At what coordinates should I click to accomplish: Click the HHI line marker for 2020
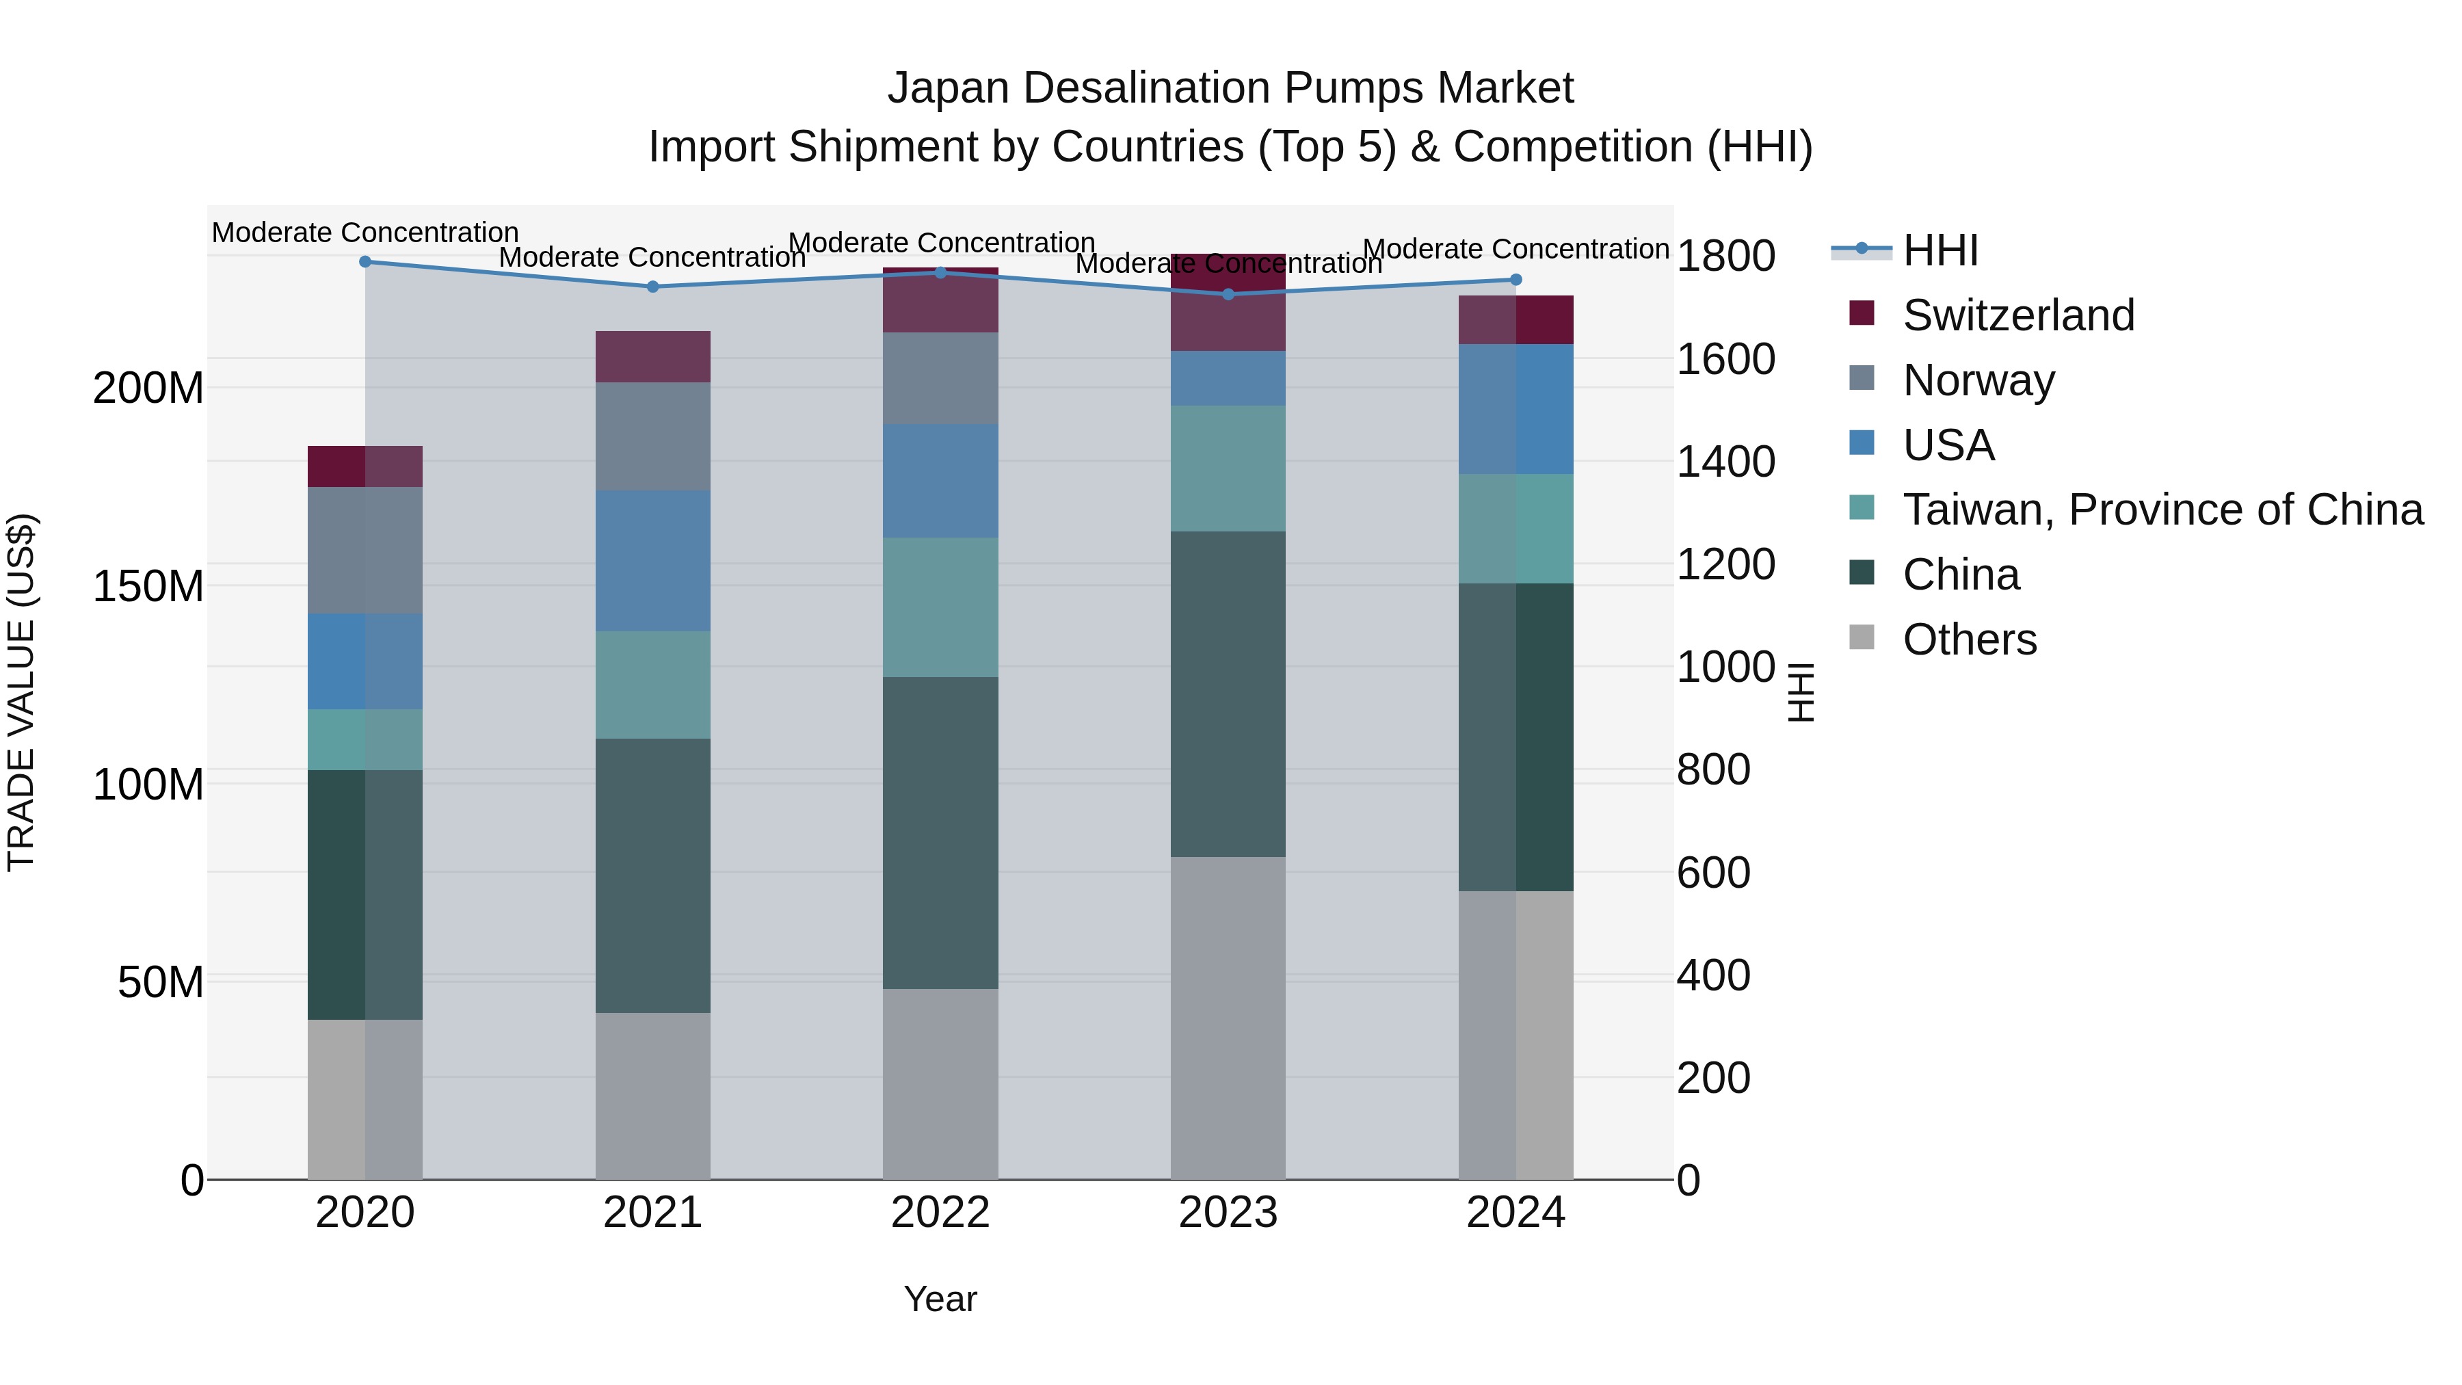(x=365, y=262)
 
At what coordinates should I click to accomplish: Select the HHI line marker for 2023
(x=1229, y=294)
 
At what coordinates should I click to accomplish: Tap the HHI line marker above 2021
(x=653, y=287)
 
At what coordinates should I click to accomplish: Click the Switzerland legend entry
(x=2017, y=315)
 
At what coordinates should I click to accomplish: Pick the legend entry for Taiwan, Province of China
(x=2162, y=510)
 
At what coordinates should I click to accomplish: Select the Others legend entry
(x=1969, y=639)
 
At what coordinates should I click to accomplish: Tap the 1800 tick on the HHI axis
(x=1725, y=256)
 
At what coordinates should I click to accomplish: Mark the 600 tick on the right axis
(x=1712, y=873)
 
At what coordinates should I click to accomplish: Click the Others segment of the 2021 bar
(x=653, y=1096)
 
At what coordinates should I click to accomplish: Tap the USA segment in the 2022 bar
(x=940, y=481)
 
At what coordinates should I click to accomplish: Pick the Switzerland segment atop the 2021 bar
(x=653, y=356)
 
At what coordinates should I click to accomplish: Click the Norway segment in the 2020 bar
(x=365, y=551)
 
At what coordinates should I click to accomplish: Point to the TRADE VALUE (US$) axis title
(x=22, y=692)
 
